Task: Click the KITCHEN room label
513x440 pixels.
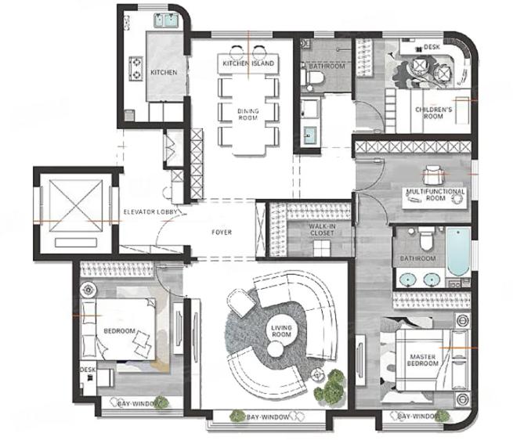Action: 164,72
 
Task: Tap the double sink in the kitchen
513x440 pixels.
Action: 166,20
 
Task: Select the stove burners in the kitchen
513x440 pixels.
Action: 135,69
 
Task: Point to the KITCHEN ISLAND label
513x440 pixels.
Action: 248,63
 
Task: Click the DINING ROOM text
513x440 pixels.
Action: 248,114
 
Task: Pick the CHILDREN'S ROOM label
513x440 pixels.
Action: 433,113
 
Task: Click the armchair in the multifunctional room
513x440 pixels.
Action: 434,175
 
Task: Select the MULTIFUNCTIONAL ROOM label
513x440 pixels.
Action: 435,195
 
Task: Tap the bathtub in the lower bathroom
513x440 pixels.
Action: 458,252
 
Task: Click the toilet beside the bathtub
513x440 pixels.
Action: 426,239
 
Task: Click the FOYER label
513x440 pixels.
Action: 222,233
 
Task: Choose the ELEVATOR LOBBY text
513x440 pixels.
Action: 150,212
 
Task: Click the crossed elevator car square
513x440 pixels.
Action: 75,206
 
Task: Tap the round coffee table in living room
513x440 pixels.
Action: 276,349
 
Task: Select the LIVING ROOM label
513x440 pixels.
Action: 281,331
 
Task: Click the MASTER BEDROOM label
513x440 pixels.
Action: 423,360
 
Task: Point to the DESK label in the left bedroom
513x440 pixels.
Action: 88,370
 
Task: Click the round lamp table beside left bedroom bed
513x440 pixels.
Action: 88,290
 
